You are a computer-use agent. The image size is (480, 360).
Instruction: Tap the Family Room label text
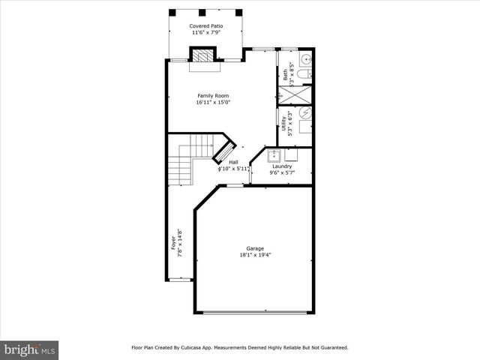(213, 96)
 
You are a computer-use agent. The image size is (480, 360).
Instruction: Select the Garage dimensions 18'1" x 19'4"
(255, 255)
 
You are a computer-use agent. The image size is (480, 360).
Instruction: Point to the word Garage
(255, 248)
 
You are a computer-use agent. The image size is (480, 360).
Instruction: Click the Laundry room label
(282, 166)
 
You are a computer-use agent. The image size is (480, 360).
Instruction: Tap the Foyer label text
(172, 241)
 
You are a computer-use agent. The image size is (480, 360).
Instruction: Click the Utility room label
(283, 124)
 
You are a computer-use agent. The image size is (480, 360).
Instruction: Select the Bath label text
(285, 74)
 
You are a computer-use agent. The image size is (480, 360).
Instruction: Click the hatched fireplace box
(203, 56)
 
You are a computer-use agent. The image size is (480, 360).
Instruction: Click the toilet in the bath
(301, 75)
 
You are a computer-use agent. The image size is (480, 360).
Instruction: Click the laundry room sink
(274, 157)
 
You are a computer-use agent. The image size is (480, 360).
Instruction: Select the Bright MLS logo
(30, 349)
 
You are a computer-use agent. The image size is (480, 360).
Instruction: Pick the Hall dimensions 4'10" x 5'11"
(233, 169)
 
